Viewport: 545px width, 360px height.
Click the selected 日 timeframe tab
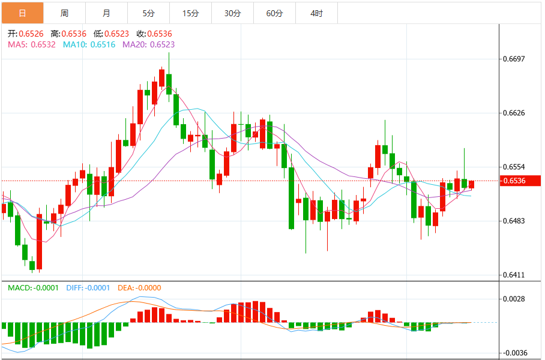(22, 13)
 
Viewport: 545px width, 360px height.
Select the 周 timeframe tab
(64, 13)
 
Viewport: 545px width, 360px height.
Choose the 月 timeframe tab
(106, 13)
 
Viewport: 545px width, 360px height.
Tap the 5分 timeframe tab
(148, 13)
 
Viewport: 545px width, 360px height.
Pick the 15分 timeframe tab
(190, 13)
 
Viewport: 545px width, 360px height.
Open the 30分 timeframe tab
(232, 13)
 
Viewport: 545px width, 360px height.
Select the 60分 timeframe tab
(274, 13)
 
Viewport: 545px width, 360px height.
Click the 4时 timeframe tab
(316, 13)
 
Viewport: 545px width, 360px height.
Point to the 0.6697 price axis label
(513, 59)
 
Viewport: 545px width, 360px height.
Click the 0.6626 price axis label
(513, 113)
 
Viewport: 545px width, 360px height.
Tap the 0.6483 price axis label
(513, 221)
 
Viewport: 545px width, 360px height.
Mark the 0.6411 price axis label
(513, 275)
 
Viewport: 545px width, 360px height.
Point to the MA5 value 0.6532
(43, 44)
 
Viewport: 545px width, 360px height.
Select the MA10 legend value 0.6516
(103, 44)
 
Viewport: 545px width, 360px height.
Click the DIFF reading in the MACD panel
(97, 288)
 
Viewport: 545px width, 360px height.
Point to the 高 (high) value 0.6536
(73, 34)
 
